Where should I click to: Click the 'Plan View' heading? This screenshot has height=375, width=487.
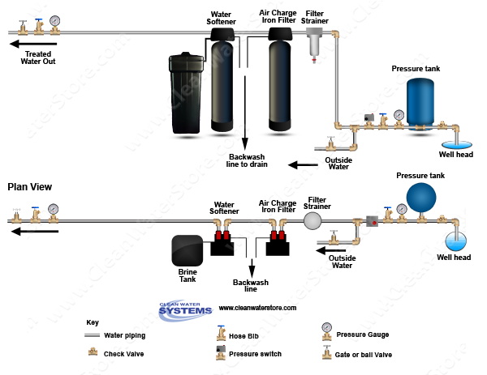point(30,187)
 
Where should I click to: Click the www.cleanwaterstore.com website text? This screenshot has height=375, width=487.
point(257,309)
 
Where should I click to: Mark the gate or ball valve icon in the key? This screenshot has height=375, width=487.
point(326,353)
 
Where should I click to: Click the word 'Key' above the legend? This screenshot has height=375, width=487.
point(93,322)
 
